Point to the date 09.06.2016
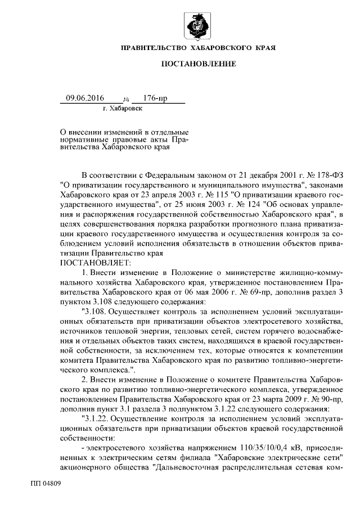click(85, 98)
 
